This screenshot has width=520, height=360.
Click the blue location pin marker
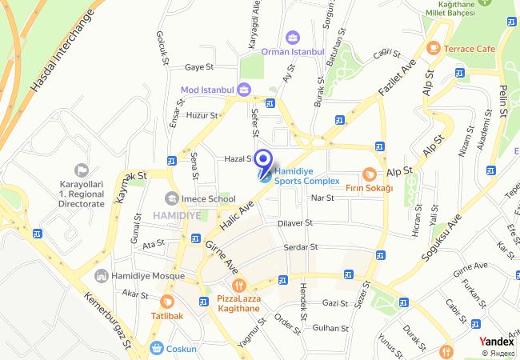pyautogui.click(x=263, y=162)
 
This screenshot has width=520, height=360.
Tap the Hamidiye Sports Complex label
pyautogui.click(x=306, y=175)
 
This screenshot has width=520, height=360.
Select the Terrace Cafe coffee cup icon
pyautogui.click(x=434, y=49)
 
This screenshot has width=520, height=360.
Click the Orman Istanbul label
pyautogui.click(x=292, y=52)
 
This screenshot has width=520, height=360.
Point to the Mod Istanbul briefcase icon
pyautogui.click(x=244, y=89)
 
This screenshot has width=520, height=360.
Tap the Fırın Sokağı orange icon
pyautogui.click(x=369, y=174)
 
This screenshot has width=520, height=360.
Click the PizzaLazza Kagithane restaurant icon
pyautogui.click(x=238, y=286)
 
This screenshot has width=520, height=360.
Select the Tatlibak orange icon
pyautogui.click(x=167, y=302)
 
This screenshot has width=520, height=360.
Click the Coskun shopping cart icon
pyautogui.click(x=157, y=348)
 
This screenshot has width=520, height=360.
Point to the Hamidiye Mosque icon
pyautogui.click(x=101, y=276)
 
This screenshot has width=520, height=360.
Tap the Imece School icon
pyautogui.click(x=171, y=198)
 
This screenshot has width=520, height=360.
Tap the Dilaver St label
pyautogui.click(x=294, y=223)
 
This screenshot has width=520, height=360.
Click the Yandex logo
pyautogui.click(x=496, y=342)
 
